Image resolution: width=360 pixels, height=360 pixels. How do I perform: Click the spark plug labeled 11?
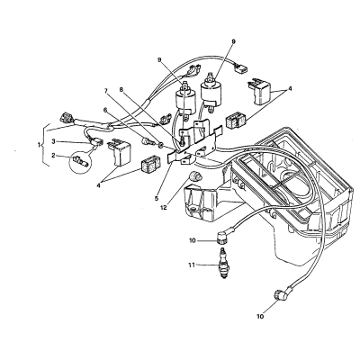(x=223, y=264)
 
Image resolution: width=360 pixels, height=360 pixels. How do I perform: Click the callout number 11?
(x=192, y=265)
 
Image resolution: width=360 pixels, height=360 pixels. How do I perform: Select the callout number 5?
(x=156, y=198)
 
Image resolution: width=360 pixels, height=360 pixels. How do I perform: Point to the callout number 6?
(x=105, y=111)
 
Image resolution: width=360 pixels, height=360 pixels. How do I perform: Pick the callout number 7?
(x=106, y=90)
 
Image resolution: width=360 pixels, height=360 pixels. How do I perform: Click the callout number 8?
(x=121, y=89)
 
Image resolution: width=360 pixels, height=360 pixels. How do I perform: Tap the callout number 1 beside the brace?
(x=39, y=145)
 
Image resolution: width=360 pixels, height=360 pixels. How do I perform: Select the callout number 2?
(x=53, y=155)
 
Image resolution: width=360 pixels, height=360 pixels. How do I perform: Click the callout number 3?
(x=53, y=140)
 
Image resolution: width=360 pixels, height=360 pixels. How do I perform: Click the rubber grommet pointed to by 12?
(x=194, y=175)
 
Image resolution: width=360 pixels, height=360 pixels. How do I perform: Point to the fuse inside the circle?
(x=80, y=160)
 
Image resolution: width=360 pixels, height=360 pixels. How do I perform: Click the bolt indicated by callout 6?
(x=147, y=140)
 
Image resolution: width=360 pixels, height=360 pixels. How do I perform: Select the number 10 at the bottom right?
(x=260, y=316)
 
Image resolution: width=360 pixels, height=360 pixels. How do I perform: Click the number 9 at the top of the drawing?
(x=234, y=41)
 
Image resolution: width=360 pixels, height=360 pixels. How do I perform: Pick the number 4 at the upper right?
(x=290, y=89)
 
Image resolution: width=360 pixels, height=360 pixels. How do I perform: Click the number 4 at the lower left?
(x=98, y=185)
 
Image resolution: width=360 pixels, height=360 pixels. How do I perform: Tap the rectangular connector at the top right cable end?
(x=240, y=69)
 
